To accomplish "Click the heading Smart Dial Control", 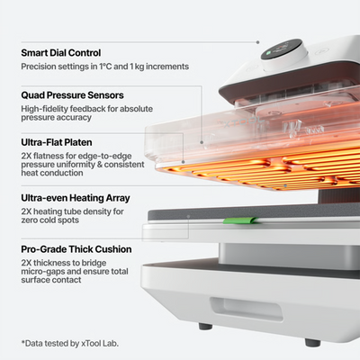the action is point(61,53).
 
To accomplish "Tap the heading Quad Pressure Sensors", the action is point(72,95).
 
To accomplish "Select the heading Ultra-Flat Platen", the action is point(57,142).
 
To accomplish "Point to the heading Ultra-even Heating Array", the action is point(76,198).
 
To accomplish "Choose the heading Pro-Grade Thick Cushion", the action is point(76,249).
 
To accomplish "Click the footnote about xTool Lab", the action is point(70,344).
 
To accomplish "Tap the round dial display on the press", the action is point(281,49).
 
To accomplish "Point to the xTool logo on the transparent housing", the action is point(243,122).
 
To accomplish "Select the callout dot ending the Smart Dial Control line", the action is point(257,42).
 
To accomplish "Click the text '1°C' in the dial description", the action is point(105,67).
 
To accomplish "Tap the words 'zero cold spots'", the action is point(50,220).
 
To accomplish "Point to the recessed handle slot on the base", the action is point(246,309).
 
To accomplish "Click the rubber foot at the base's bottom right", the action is point(312,342).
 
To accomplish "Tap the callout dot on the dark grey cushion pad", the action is point(188,216).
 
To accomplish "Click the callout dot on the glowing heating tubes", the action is point(285,186).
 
